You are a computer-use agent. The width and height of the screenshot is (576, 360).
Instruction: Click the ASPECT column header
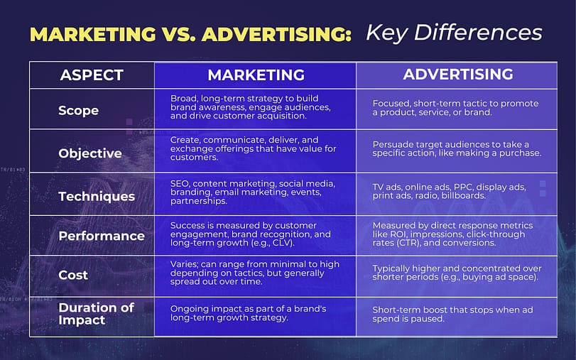(x=92, y=75)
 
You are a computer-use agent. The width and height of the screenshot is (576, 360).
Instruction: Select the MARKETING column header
(x=256, y=75)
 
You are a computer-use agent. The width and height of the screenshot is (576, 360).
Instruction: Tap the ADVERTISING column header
(x=457, y=74)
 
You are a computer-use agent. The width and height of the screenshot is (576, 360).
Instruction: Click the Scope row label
(x=78, y=111)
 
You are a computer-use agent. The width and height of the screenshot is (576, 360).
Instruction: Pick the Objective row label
(x=90, y=153)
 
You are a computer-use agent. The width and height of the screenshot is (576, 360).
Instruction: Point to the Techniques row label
(x=97, y=196)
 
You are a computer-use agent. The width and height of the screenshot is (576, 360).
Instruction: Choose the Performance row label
(x=102, y=236)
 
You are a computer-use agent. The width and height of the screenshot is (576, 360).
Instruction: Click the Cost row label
(x=73, y=275)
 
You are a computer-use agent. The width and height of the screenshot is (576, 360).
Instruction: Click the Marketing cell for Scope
(x=245, y=107)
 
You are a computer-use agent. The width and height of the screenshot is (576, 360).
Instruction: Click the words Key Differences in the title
(x=454, y=33)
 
